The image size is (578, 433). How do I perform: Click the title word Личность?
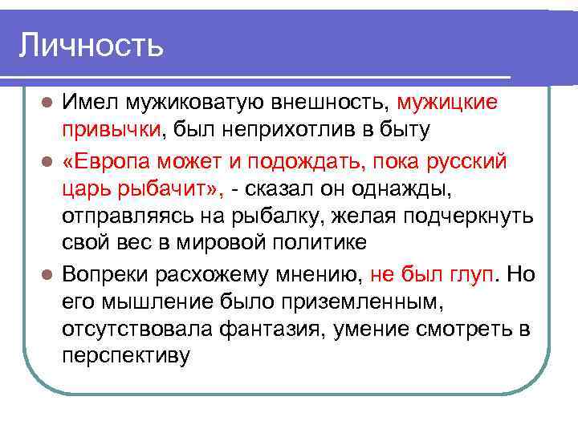91,45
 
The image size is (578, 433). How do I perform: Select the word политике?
307,243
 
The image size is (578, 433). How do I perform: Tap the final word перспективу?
126,356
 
